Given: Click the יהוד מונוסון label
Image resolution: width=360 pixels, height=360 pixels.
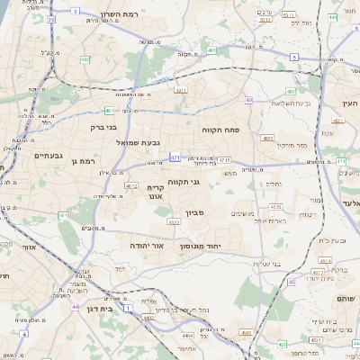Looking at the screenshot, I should pos(212,244).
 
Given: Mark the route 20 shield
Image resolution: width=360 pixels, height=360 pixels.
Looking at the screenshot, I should pos(51,19).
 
